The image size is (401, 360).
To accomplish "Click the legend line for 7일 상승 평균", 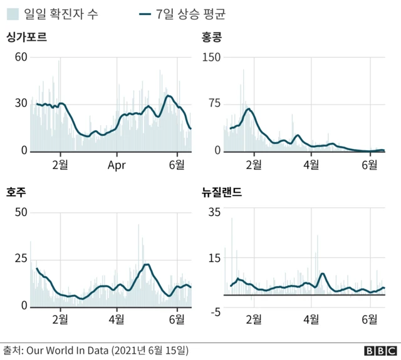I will point(147,13).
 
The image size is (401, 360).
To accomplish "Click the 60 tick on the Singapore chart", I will point(21,58).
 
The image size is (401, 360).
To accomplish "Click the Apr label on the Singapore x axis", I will point(117,165).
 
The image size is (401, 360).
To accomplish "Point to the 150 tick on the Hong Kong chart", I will point(210,58).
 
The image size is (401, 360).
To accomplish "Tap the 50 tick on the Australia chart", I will point(21,212).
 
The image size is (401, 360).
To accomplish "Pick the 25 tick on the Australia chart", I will point(21,259).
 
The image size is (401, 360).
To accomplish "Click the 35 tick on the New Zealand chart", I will point(214,212).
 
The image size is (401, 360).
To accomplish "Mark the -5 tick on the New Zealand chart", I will point(214,312).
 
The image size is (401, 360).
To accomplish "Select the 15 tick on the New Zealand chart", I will point(214,259).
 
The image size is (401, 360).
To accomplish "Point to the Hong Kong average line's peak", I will point(249,109).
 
